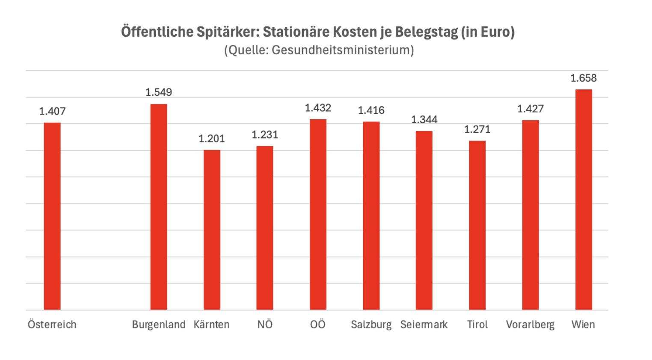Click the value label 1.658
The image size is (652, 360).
coord(583,78)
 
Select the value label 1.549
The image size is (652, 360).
coord(158,92)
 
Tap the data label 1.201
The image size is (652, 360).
coord(211,139)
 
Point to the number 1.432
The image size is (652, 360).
coord(318,108)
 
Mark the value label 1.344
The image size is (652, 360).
coord(424,120)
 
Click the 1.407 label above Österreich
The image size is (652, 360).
coord(52,112)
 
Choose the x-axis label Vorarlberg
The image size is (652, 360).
coord(530,325)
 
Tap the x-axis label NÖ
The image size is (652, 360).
coord(265,325)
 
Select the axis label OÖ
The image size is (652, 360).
coord(318,325)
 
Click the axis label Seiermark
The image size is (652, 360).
coord(424,325)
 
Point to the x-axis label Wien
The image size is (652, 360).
coord(583,325)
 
